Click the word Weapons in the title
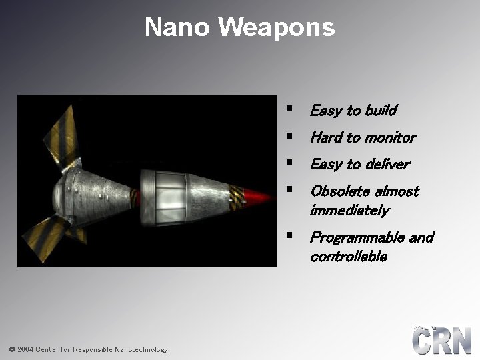(276, 27)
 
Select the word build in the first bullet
(380, 111)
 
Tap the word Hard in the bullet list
(326, 137)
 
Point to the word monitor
(389, 137)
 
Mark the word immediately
(349, 211)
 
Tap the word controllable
(348, 257)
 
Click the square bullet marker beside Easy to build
(289, 109)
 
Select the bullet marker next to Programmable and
(289, 235)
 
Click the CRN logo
(441, 340)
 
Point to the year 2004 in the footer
(26, 349)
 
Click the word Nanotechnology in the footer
(141, 349)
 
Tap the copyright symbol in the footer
(12, 349)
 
